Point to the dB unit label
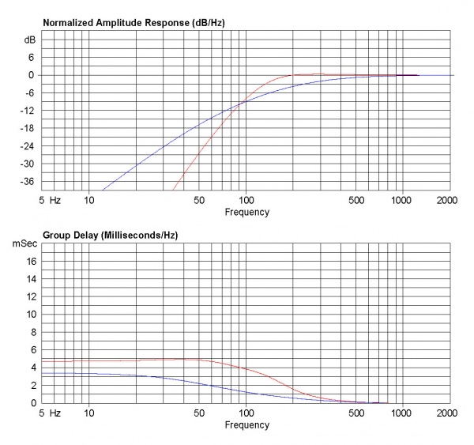point(30,40)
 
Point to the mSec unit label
point(24,244)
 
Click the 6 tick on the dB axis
point(32,58)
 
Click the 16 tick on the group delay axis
point(30,261)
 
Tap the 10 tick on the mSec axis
point(30,314)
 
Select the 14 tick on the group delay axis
point(30,278)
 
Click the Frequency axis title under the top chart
point(246,212)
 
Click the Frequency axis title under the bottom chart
point(246,424)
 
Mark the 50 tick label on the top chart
point(198,201)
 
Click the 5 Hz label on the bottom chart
point(49,413)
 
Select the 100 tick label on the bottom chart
point(246,413)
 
